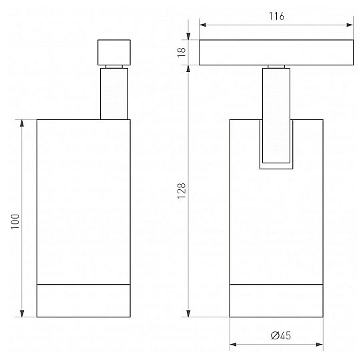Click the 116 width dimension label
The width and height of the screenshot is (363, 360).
click(276, 16)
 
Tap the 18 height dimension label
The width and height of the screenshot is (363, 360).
click(181, 53)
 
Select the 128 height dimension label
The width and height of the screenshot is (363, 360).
click(181, 191)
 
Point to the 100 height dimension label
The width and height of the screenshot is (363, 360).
click(15, 221)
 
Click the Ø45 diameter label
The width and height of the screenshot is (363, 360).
click(281, 335)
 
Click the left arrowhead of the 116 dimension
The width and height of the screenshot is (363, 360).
click(203, 25)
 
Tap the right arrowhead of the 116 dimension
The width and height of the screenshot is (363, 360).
click(350, 25)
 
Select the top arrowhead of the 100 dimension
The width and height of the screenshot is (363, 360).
click(22, 123)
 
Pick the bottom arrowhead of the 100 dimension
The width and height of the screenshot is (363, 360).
click(22, 313)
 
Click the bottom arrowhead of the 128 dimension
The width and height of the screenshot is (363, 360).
click(188, 313)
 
